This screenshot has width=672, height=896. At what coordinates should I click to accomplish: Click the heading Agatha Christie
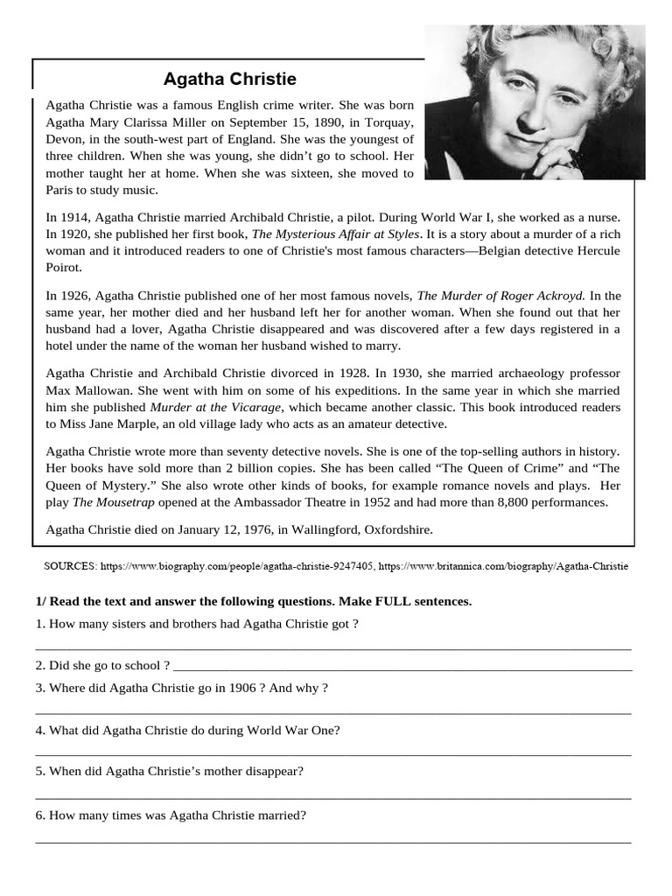click(x=230, y=79)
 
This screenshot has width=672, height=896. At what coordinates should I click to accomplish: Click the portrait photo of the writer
click(x=535, y=102)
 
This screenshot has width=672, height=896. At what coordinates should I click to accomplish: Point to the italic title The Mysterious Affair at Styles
click(x=336, y=234)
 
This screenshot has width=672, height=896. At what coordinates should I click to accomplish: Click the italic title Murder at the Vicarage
click(x=217, y=407)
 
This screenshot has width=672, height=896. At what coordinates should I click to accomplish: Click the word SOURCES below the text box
click(x=70, y=566)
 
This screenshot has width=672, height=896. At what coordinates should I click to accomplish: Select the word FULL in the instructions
click(x=378, y=601)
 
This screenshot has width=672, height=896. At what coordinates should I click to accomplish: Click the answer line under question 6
click(x=332, y=842)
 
